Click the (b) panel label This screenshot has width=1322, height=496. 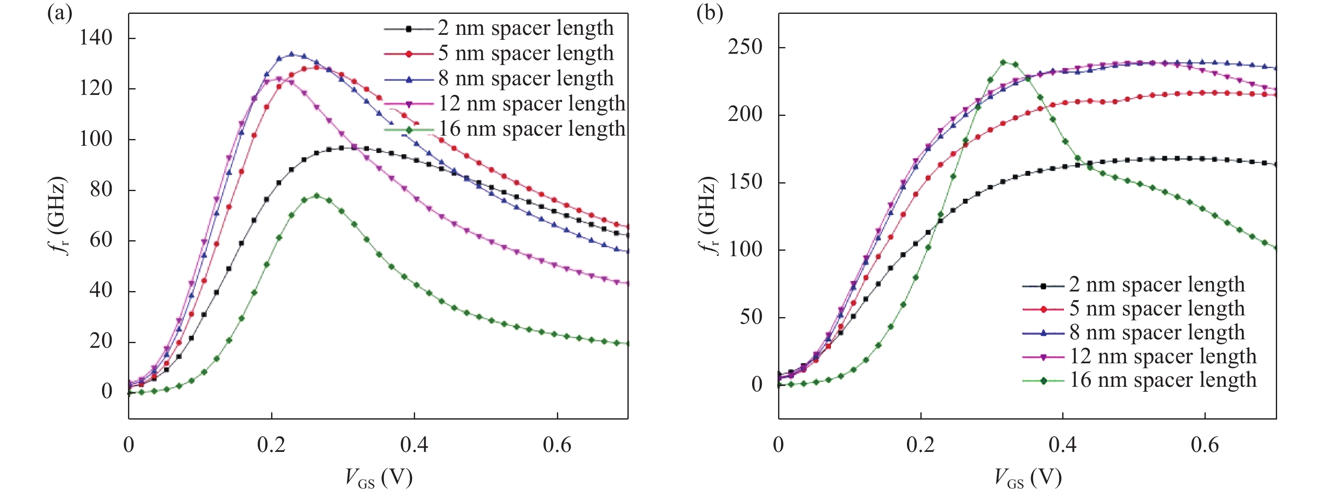tap(709, 12)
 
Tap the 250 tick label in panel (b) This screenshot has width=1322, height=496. tap(745, 47)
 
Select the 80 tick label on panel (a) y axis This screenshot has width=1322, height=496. tap(101, 189)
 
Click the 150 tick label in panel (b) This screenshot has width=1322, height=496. tap(745, 182)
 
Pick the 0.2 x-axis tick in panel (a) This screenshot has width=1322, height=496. tap(272, 445)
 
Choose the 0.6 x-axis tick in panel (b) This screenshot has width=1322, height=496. tap(1204, 445)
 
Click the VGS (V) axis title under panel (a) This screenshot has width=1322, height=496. tap(379, 478)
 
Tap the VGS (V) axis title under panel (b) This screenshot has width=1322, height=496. tap(1028, 478)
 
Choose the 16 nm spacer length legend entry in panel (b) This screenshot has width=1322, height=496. tap(1163, 381)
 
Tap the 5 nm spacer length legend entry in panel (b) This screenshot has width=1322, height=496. tap(1157, 309)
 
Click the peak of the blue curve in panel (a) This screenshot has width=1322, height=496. tap(292, 54)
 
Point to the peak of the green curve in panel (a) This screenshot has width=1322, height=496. tap(316, 196)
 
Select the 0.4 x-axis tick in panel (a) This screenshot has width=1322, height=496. tap(414, 445)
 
